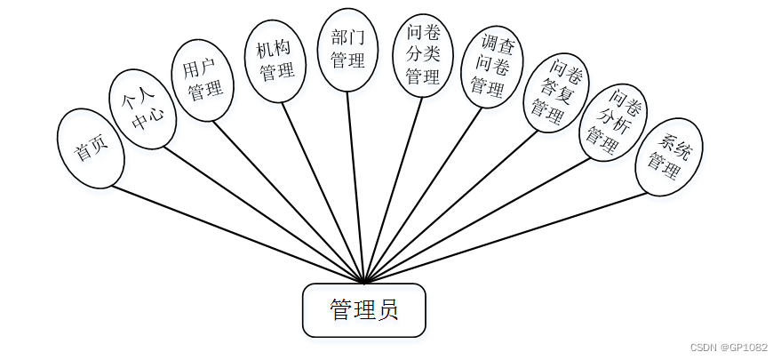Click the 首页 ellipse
pos(89,148)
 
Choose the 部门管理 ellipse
pos(348,50)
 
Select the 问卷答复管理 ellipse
pos(554,92)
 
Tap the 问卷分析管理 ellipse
pos(612,121)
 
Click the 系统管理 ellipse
pos(669,156)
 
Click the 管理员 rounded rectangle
pos(364,310)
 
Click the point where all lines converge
pos(365,281)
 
